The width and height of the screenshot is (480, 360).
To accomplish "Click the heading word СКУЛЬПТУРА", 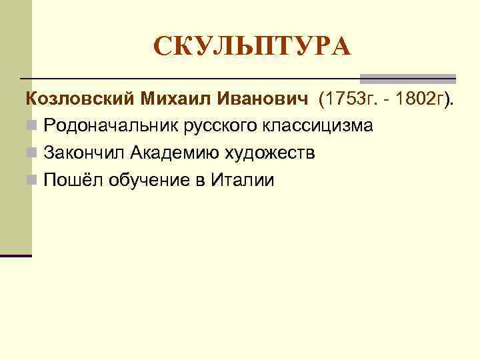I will [x=251, y=47].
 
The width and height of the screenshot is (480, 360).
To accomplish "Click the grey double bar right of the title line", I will [x=407, y=78].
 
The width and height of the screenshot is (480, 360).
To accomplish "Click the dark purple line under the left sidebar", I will [x=16, y=255].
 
